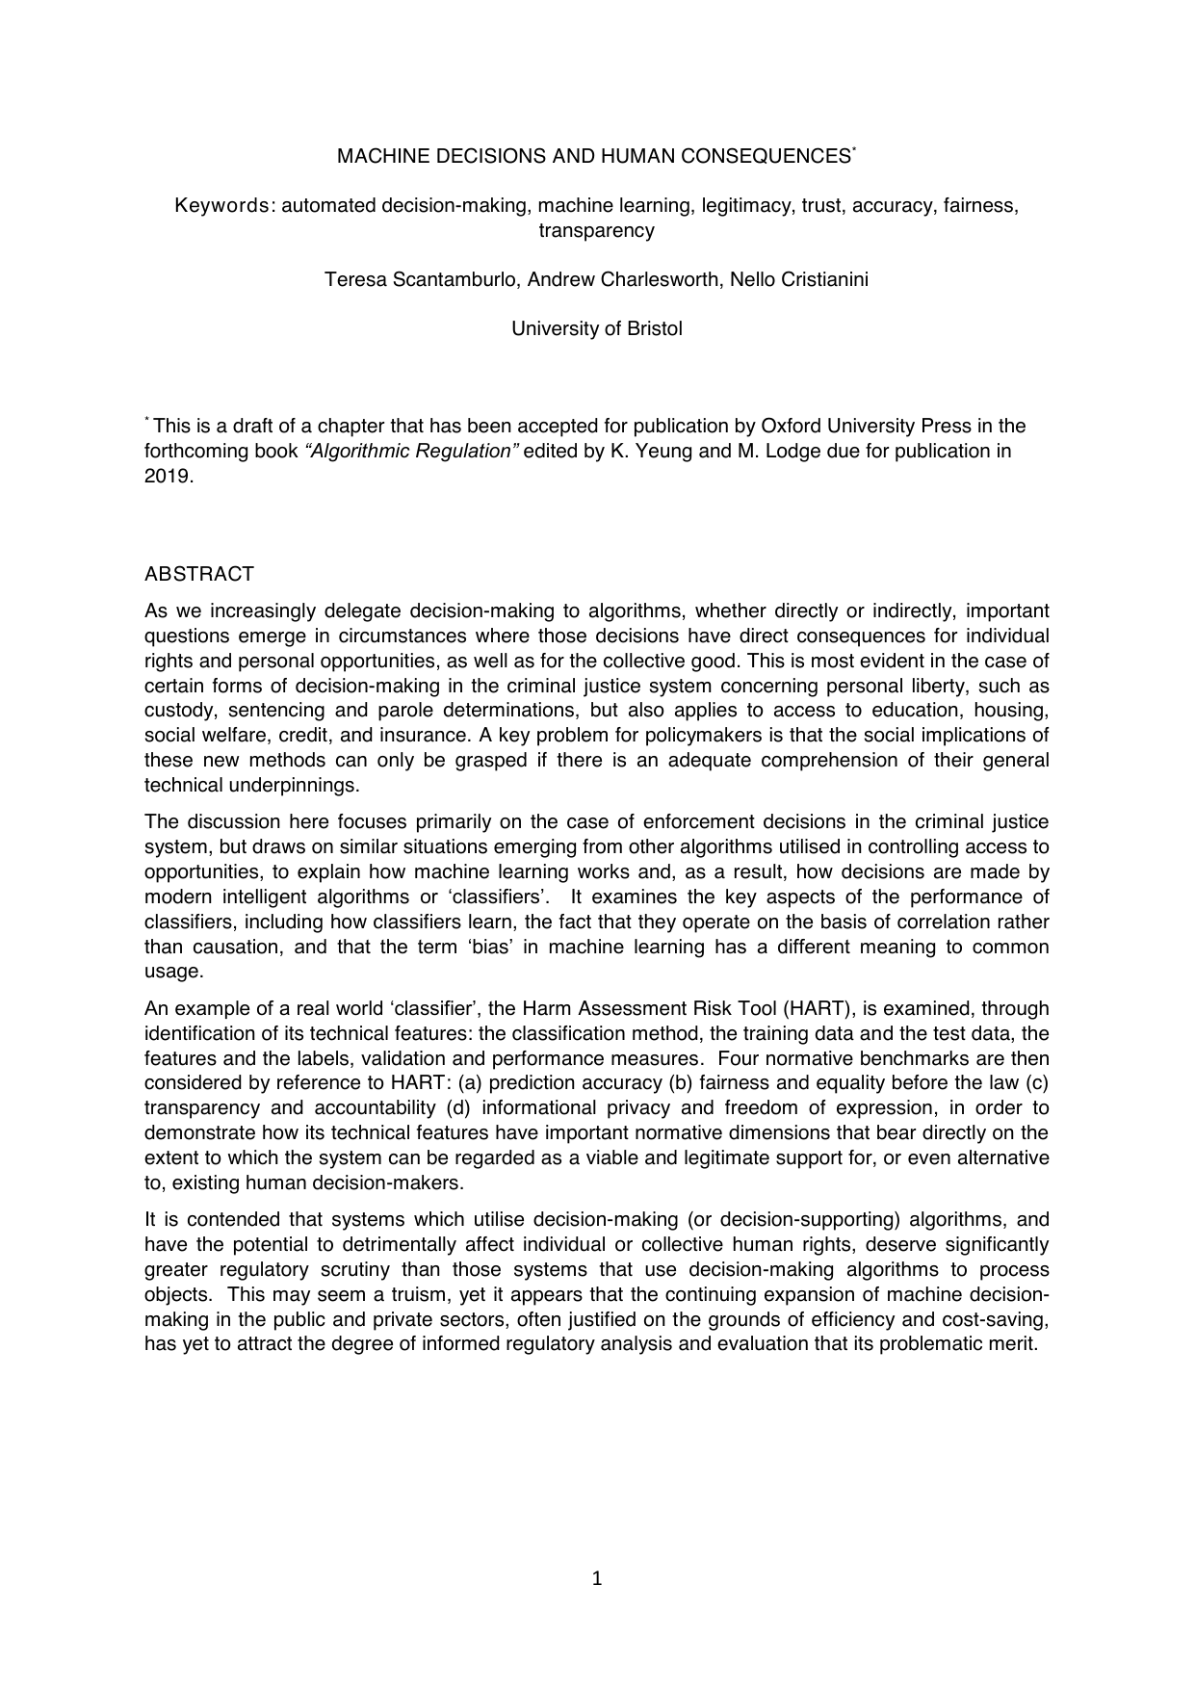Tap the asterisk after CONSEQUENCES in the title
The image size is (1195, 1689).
(x=853, y=150)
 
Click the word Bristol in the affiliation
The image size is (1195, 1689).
(x=655, y=328)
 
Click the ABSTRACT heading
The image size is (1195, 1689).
(x=199, y=575)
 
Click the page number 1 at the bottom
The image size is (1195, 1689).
(x=597, y=1578)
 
